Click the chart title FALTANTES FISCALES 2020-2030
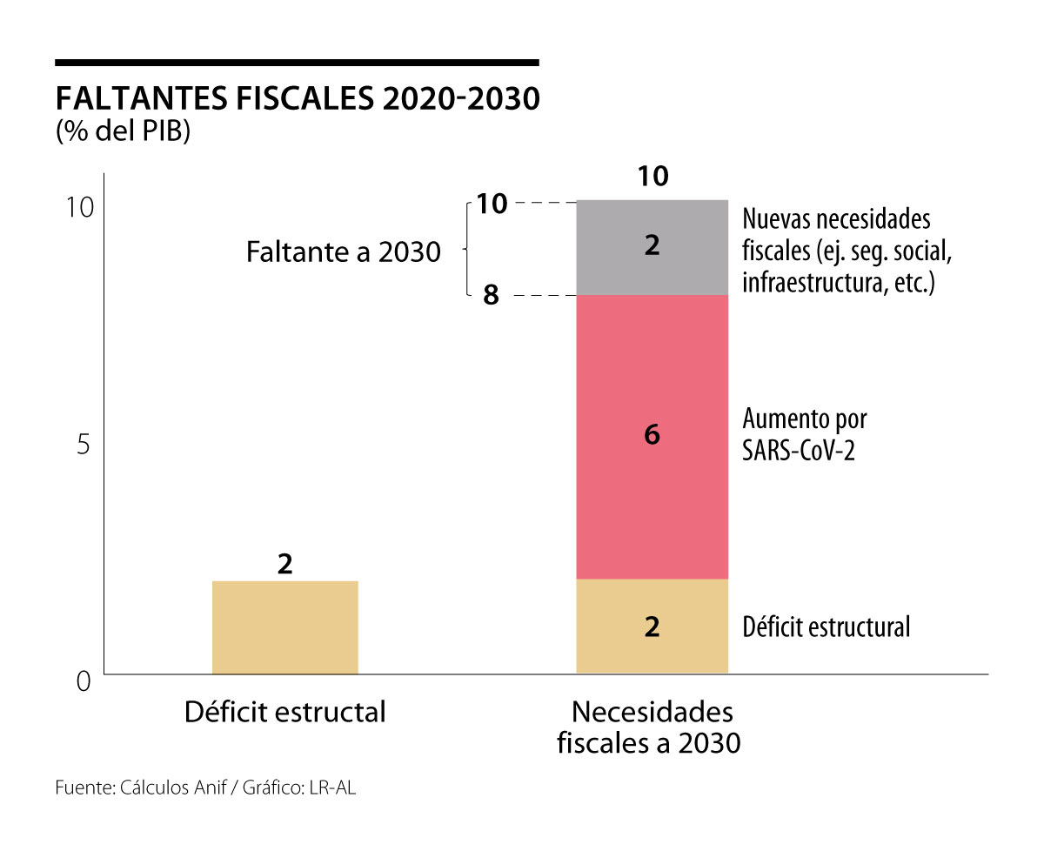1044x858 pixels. [x=297, y=98]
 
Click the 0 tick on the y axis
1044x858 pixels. [x=84, y=680]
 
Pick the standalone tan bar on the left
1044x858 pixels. [x=284, y=627]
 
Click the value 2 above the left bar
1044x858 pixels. [x=284, y=564]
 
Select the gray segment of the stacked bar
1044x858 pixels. [x=652, y=248]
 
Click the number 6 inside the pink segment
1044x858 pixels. [x=652, y=434]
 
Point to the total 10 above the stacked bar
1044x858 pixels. [x=652, y=176]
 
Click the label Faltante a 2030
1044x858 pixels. [x=343, y=252]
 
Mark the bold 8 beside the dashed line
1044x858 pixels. [x=491, y=296]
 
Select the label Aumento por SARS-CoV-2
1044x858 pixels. [x=804, y=434]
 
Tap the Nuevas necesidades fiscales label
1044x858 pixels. [x=840, y=251]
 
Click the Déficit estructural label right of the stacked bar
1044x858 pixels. [x=826, y=627]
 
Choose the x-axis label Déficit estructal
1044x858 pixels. [x=284, y=712]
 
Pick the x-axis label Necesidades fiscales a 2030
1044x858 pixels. [x=652, y=727]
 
